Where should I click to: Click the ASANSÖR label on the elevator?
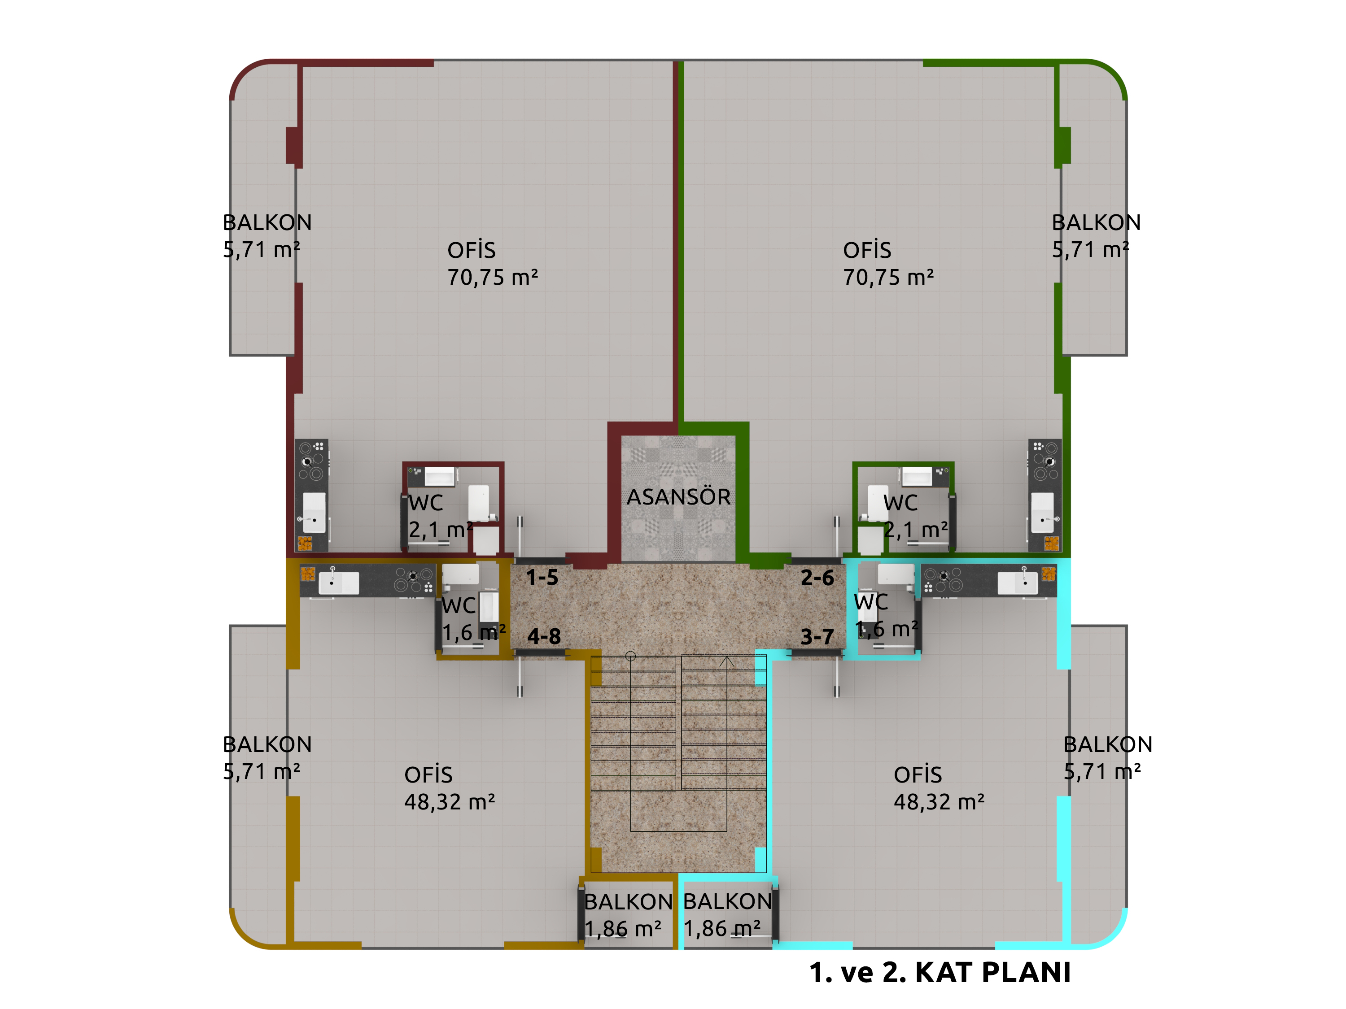678,497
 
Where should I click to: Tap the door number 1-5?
542,577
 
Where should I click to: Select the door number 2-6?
817,577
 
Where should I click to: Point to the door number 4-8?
544,636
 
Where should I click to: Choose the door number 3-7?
817,637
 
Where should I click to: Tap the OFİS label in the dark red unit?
472,250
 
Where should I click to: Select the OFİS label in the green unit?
867,250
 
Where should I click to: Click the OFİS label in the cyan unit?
918,775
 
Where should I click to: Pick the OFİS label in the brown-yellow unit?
428,775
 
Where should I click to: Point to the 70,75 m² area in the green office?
888,277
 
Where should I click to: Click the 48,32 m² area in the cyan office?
939,802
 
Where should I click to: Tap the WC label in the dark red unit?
426,503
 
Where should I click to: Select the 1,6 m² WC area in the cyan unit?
887,629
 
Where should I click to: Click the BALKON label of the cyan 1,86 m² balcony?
727,901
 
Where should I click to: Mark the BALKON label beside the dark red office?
267,222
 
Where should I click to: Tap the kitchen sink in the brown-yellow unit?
338,582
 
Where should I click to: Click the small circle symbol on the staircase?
630,656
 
